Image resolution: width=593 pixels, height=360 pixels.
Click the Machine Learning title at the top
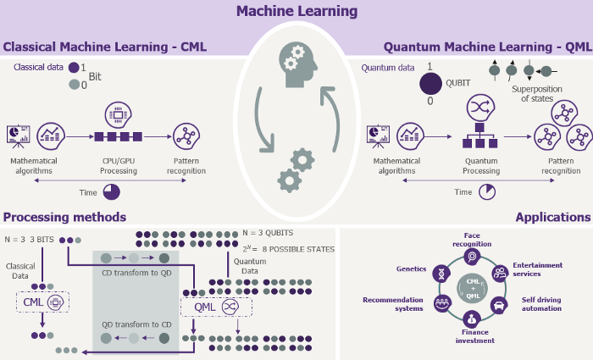(296, 11)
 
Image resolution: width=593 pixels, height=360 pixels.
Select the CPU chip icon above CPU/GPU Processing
(118, 114)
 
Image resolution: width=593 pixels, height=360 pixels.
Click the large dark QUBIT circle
(430, 84)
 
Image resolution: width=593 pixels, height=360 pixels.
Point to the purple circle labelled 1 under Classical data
(74, 67)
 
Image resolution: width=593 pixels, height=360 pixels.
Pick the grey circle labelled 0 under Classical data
(75, 85)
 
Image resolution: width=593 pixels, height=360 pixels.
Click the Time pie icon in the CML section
(112, 192)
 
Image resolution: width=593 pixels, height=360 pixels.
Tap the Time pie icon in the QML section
(487, 191)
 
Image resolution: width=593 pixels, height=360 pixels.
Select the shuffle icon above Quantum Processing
(480, 108)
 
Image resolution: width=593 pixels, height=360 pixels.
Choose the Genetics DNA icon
(441, 273)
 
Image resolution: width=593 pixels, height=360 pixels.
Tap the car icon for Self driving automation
(499, 305)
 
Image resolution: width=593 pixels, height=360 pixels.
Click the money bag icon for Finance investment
(471, 319)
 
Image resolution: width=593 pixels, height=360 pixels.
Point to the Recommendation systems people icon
(442, 303)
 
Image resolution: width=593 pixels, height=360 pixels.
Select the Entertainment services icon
(500, 273)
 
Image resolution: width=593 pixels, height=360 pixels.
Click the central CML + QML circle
(473, 289)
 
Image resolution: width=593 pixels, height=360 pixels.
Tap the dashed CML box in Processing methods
(42, 302)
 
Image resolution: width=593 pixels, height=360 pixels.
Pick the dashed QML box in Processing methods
(216, 307)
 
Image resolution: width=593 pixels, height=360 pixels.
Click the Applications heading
(553, 217)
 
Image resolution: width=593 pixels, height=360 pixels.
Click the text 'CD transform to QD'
(136, 273)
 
